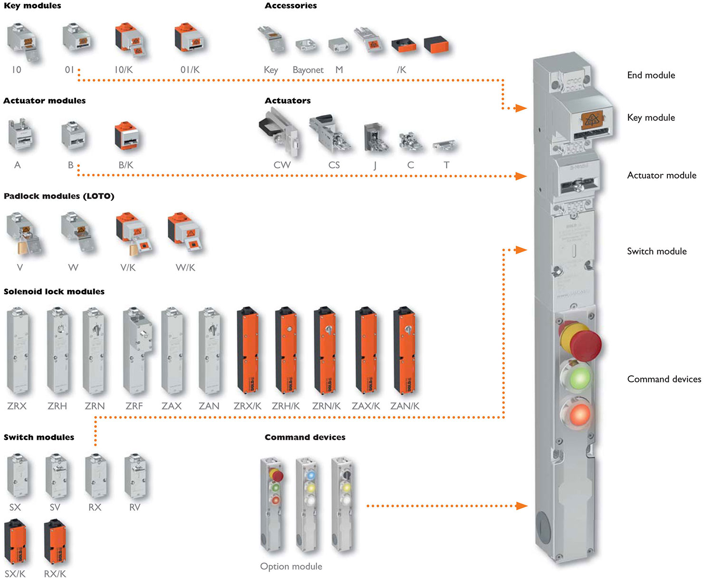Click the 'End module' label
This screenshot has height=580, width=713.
tap(651, 75)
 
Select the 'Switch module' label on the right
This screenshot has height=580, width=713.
tap(656, 251)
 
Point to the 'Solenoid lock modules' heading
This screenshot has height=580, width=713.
tap(54, 292)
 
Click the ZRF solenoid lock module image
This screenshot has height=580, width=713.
tap(136, 351)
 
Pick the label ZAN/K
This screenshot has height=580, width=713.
tap(405, 406)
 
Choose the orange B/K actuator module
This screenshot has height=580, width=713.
tap(126, 136)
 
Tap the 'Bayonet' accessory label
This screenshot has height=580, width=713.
tap(308, 70)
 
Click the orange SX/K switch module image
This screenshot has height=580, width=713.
tap(15, 542)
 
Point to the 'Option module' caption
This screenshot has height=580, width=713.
tap(291, 566)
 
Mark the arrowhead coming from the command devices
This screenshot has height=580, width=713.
tap(521, 506)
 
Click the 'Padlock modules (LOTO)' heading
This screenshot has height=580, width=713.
tap(59, 196)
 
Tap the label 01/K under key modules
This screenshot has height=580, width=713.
tap(190, 70)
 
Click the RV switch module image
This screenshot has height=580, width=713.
tap(135, 476)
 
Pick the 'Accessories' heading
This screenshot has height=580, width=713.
tap(290, 6)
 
